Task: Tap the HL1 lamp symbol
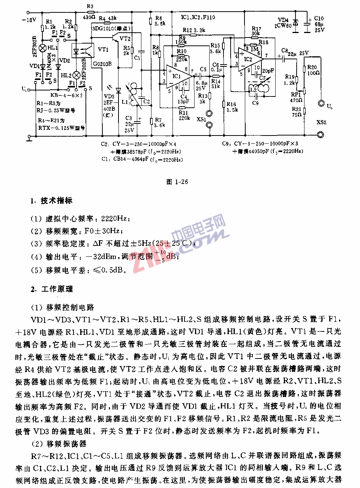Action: pos(43,48)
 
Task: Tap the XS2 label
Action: pos(321,122)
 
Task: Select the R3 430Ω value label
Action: pos(89,17)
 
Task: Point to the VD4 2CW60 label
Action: pos(283,23)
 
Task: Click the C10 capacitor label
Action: pos(319,18)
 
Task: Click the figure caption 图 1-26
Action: pos(177,182)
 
